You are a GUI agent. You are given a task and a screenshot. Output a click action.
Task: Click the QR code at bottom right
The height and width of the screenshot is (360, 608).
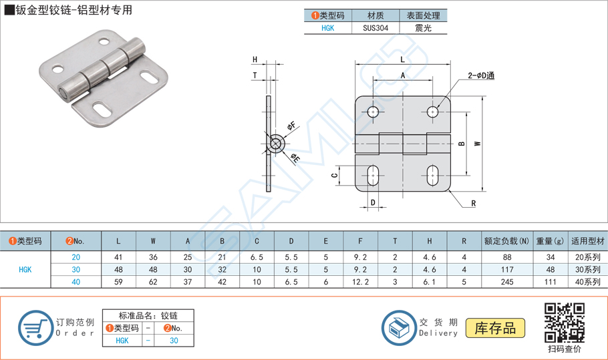click(565, 322)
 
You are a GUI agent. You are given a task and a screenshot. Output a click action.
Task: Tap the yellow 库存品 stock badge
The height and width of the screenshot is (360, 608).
click(495, 328)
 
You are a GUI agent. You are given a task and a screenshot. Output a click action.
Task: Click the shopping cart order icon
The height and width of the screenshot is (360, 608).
click(35, 328)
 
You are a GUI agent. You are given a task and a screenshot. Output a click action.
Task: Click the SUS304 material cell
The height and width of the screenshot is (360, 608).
click(373, 28)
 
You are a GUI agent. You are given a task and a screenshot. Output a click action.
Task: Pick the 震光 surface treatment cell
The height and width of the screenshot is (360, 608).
click(423, 28)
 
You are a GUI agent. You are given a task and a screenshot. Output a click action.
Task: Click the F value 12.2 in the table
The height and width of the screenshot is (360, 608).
click(361, 282)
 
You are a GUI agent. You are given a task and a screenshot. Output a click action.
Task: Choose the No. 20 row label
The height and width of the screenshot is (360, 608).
click(75, 257)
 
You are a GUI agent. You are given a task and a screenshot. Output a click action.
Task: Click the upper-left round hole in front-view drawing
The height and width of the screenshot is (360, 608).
click(373, 112)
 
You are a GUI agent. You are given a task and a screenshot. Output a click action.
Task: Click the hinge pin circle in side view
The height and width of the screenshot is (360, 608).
click(275, 142)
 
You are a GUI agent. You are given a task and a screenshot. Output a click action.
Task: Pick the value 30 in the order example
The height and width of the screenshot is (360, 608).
click(174, 340)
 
